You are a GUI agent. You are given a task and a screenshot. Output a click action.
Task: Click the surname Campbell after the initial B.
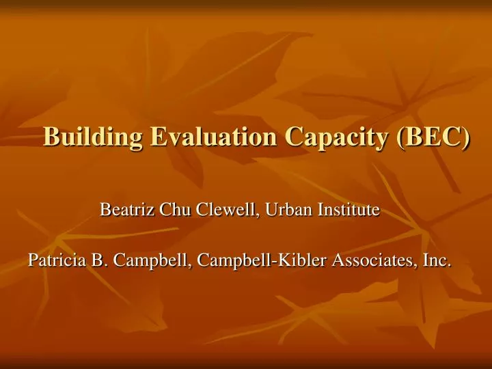137,260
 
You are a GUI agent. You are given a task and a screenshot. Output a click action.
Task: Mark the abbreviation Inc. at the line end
436,260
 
